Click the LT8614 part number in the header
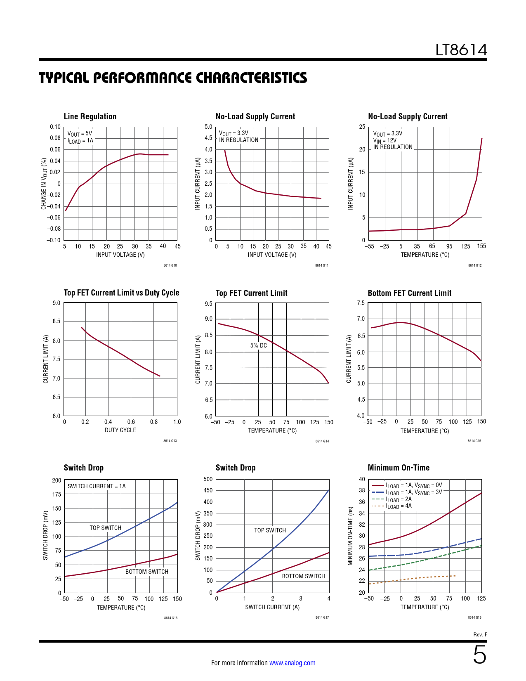point(461,50)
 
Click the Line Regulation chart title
point(90,117)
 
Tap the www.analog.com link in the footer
point(292,663)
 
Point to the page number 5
point(479,655)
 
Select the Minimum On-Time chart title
point(399,468)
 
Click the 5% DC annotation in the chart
point(259,345)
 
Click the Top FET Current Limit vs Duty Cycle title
point(121,293)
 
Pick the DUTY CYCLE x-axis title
point(120,430)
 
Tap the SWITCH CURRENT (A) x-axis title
point(272,607)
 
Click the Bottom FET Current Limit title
point(409,293)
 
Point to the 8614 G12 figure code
point(474,265)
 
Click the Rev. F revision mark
point(480,635)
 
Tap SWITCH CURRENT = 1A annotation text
point(97,486)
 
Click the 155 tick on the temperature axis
point(481,246)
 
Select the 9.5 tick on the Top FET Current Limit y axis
point(208,304)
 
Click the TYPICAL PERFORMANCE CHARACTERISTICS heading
point(173,78)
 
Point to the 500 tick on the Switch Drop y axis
point(208,479)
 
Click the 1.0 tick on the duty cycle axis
point(177,422)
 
